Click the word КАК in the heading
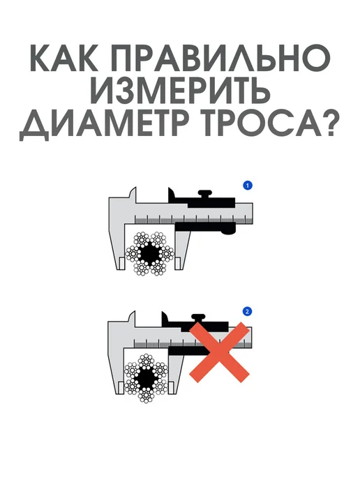[x=64, y=58]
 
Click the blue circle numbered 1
[x=248, y=186]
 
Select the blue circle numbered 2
[x=247, y=312]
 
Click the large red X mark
[x=220, y=352]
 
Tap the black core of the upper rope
[x=150, y=253]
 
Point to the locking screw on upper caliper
[x=205, y=194]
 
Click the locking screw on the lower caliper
[x=198, y=318]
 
